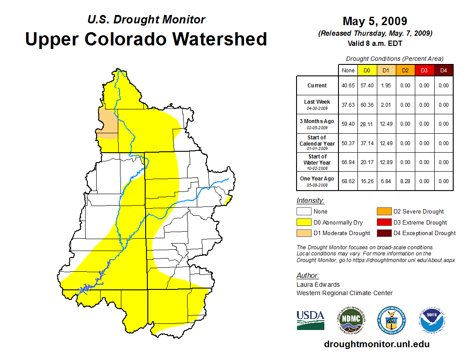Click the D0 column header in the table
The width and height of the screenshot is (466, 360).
coord(367,70)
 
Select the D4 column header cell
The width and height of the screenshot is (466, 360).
coord(443,70)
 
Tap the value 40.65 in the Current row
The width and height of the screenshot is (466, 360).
coord(348,86)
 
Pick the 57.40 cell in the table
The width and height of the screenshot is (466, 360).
coord(367,86)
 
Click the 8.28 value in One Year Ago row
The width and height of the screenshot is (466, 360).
coord(405,181)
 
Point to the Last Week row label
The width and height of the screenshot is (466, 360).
coord(317,104)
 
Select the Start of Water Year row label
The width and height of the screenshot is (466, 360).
coord(317,162)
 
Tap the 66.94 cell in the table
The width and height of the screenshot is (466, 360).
coord(348,162)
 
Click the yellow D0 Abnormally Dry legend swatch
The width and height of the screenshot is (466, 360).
coord(304,222)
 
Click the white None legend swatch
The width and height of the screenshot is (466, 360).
coord(304,212)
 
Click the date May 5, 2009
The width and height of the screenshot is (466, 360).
coord(375,21)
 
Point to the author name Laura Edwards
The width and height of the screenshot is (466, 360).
coord(318,285)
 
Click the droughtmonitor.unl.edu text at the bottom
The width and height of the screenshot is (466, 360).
coord(376,344)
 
